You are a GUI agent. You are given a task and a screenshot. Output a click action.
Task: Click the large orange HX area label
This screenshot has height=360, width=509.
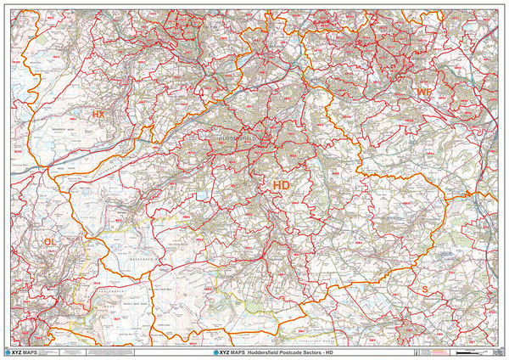[98, 114]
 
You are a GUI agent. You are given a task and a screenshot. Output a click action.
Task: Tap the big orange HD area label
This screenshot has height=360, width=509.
[282, 184]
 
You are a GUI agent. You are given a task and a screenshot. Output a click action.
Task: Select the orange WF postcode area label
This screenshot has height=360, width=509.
[423, 91]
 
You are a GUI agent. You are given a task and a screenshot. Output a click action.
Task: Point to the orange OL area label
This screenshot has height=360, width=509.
[50, 243]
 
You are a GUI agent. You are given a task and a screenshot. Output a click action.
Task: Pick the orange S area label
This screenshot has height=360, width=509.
[423, 290]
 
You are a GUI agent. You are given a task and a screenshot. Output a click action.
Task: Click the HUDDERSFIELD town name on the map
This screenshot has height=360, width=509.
[237, 137]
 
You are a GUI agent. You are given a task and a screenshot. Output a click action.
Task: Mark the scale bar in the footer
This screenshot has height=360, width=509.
[467, 350]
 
